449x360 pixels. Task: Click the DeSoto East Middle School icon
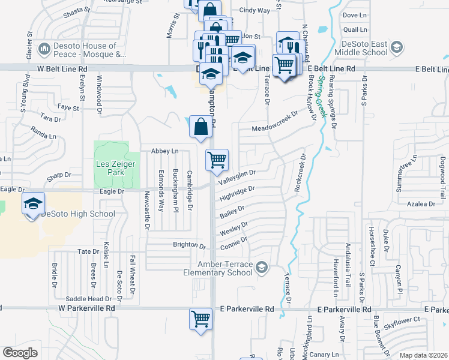click(x=396, y=47)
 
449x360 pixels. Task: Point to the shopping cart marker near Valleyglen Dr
click(x=217, y=160)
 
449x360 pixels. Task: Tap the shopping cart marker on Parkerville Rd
click(x=200, y=318)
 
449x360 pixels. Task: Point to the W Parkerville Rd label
click(x=86, y=308)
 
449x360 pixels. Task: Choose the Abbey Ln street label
click(x=165, y=151)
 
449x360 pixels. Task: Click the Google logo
click(x=19, y=353)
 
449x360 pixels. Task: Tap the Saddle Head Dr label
click(x=89, y=298)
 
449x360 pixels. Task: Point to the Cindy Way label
click(x=255, y=10)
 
